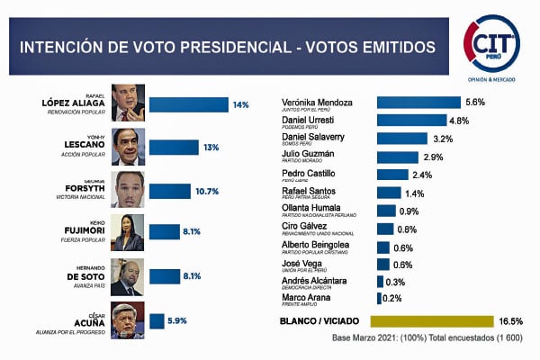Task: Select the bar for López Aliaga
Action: (189, 104)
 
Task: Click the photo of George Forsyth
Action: (129, 189)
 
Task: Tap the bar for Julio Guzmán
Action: (397, 157)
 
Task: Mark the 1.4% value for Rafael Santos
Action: (414, 193)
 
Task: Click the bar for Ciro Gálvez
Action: (385, 229)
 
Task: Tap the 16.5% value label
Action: (512, 321)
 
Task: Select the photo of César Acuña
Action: (129, 321)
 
